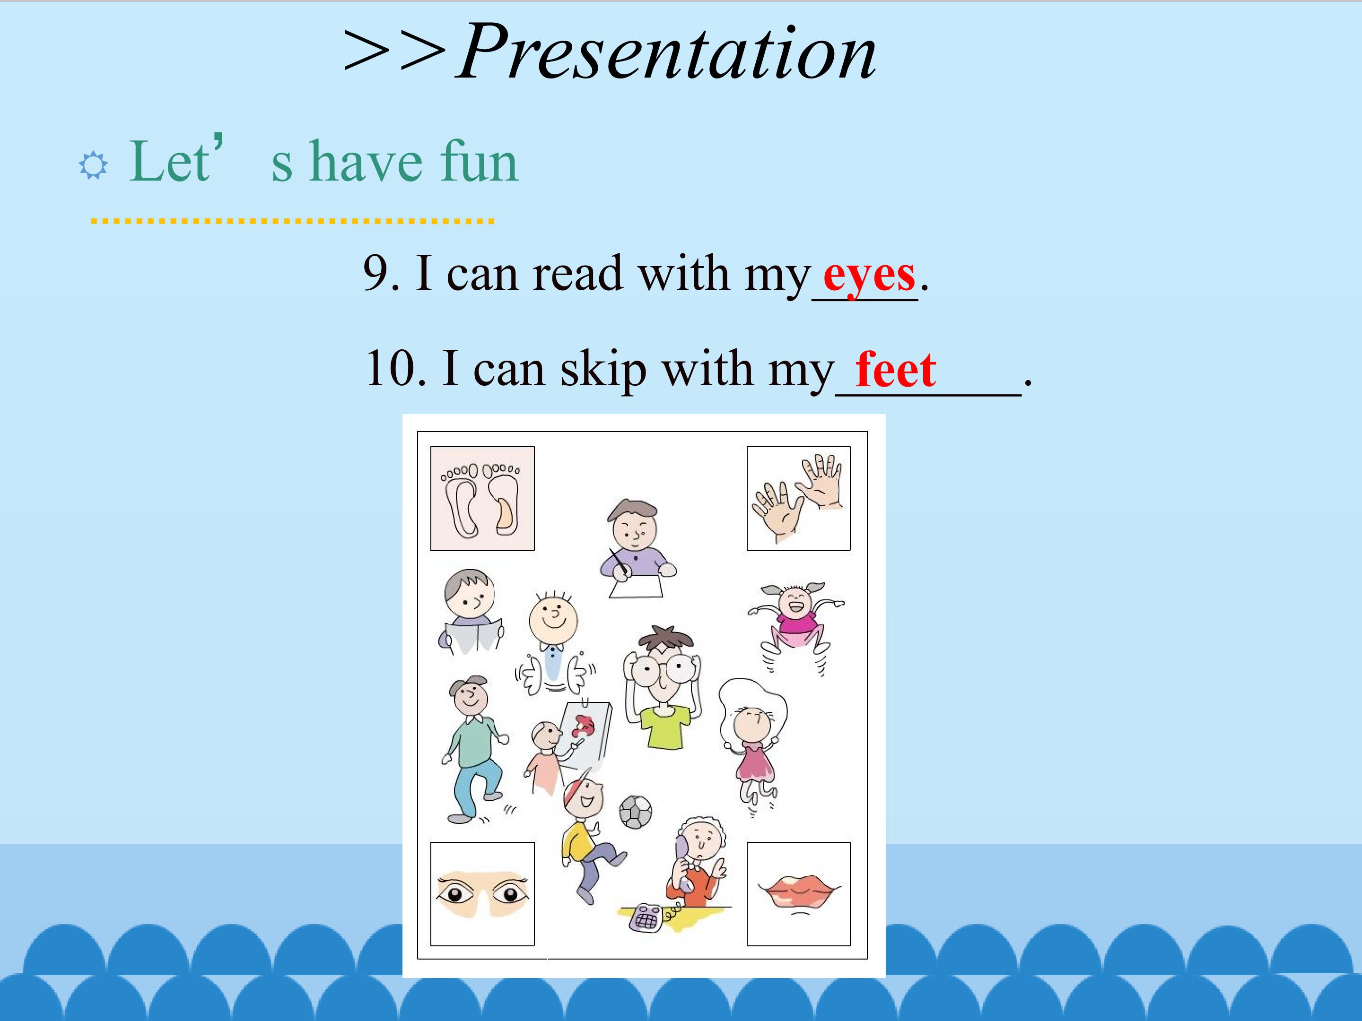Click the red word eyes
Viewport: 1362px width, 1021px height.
(x=869, y=276)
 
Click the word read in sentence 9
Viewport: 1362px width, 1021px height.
(x=577, y=273)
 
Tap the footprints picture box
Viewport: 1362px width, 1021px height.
(x=482, y=499)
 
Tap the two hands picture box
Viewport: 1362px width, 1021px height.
(x=799, y=499)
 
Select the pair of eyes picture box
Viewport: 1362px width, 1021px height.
(x=482, y=893)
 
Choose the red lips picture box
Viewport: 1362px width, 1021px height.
(x=799, y=893)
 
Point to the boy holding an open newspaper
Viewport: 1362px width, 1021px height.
(x=471, y=612)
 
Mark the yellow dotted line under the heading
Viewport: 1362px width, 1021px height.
(x=292, y=220)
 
